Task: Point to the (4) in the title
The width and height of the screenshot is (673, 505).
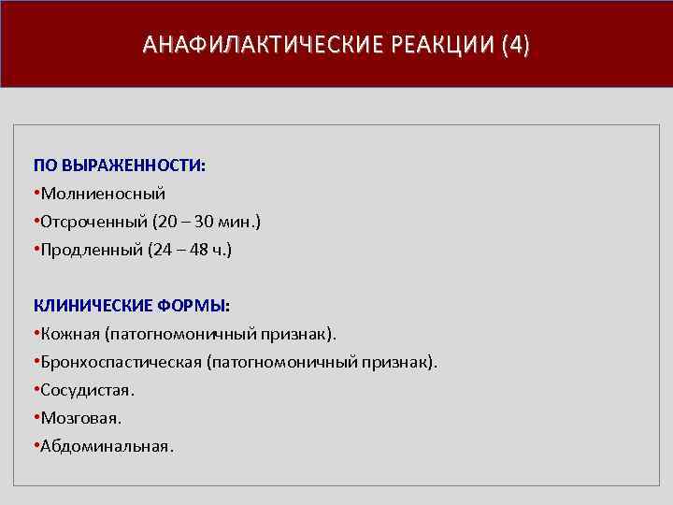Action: (515, 46)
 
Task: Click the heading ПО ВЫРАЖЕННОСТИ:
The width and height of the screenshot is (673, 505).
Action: (120, 166)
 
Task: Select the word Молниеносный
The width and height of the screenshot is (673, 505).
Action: (103, 194)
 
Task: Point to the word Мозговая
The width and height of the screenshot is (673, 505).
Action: (80, 418)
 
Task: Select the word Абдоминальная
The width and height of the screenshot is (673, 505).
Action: (106, 446)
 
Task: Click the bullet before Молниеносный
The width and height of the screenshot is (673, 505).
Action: (36, 194)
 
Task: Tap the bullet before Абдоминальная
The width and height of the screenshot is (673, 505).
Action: (36, 446)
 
